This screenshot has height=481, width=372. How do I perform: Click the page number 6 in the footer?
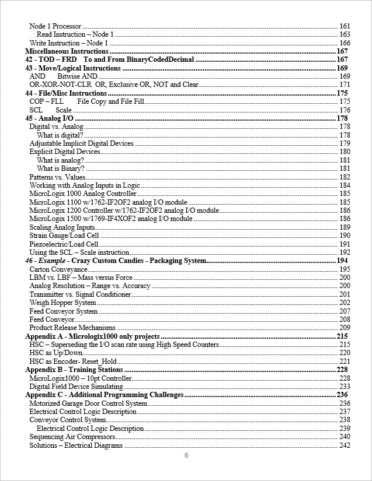(x=186, y=455)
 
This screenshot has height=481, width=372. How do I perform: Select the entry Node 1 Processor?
(x=55, y=26)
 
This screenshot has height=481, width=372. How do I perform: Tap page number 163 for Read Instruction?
(x=345, y=34)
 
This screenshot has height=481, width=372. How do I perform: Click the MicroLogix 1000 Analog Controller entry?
(x=83, y=194)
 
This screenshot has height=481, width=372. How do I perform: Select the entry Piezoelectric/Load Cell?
(x=64, y=244)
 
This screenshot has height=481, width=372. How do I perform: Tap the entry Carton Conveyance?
(x=58, y=269)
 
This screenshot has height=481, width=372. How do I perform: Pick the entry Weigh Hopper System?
(x=62, y=303)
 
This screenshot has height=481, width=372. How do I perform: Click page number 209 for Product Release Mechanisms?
(x=345, y=328)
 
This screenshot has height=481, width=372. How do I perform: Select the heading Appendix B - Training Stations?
(x=74, y=370)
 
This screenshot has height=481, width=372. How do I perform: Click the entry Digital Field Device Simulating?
(x=76, y=387)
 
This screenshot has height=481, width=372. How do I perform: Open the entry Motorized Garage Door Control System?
(x=88, y=403)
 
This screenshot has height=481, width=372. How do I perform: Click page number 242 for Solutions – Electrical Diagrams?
(x=345, y=445)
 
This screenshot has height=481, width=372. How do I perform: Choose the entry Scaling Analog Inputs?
(x=62, y=227)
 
